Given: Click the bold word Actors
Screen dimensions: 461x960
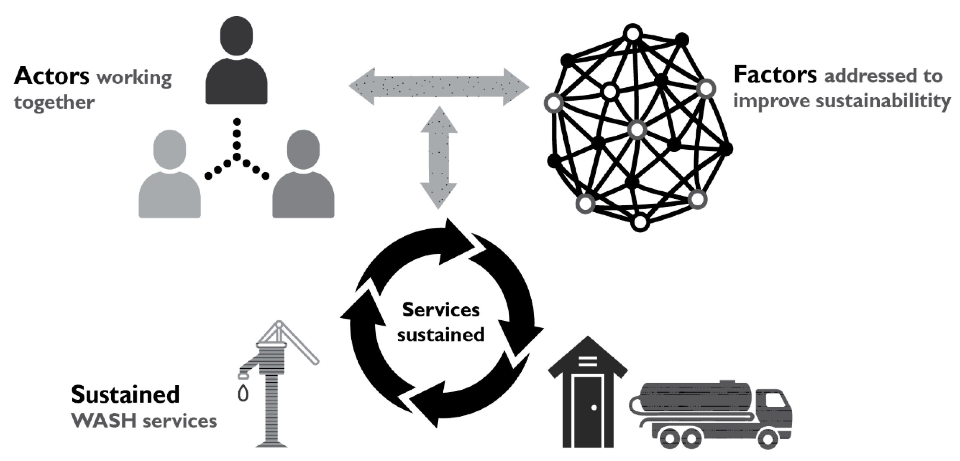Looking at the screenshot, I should point(52,76).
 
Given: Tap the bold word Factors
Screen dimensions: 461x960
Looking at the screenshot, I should point(775,75).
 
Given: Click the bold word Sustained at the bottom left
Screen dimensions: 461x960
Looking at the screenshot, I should point(125,395).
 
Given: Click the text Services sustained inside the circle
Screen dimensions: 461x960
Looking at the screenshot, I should point(440,322).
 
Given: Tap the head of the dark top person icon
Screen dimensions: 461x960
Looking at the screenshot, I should point(236,36).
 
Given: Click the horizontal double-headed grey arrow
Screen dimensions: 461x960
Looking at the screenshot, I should point(439,87).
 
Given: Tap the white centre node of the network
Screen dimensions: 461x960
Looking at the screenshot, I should point(637,130).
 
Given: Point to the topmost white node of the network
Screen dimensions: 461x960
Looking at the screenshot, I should point(633,34).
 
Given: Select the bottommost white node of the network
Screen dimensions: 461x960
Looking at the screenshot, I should point(640,222).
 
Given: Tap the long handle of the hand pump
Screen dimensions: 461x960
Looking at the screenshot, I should point(300,345).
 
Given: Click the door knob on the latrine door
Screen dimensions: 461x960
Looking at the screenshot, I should point(594,408).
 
